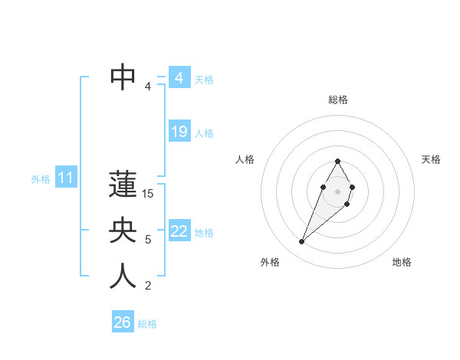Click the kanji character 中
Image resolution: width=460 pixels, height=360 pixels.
click(123, 77)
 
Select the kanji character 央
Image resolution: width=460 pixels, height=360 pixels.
click(123, 231)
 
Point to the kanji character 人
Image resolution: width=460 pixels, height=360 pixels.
click(123, 277)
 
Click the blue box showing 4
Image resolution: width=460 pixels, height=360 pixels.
click(179, 78)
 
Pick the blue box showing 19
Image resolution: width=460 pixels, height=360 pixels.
click(179, 132)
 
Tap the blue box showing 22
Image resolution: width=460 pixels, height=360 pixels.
click(179, 231)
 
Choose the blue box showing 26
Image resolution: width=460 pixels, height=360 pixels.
click(122, 322)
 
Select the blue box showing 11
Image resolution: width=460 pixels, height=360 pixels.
click(65, 178)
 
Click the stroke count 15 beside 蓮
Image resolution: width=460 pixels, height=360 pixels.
click(148, 195)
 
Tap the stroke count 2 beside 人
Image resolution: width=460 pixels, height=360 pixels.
click(148, 286)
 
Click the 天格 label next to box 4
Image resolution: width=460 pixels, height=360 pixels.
click(204, 80)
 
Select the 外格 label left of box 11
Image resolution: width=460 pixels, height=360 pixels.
click(41, 179)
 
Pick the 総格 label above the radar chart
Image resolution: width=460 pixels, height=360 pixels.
click(338, 100)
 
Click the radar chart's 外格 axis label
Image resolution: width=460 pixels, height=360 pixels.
click(270, 262)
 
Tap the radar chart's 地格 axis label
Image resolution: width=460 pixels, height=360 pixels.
click(402, 262)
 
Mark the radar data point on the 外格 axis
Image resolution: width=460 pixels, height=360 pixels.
click(301, 242)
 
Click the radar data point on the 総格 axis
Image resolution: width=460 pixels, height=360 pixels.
click(337, 161)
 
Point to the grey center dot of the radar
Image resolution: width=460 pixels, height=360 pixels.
click(337, 191)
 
